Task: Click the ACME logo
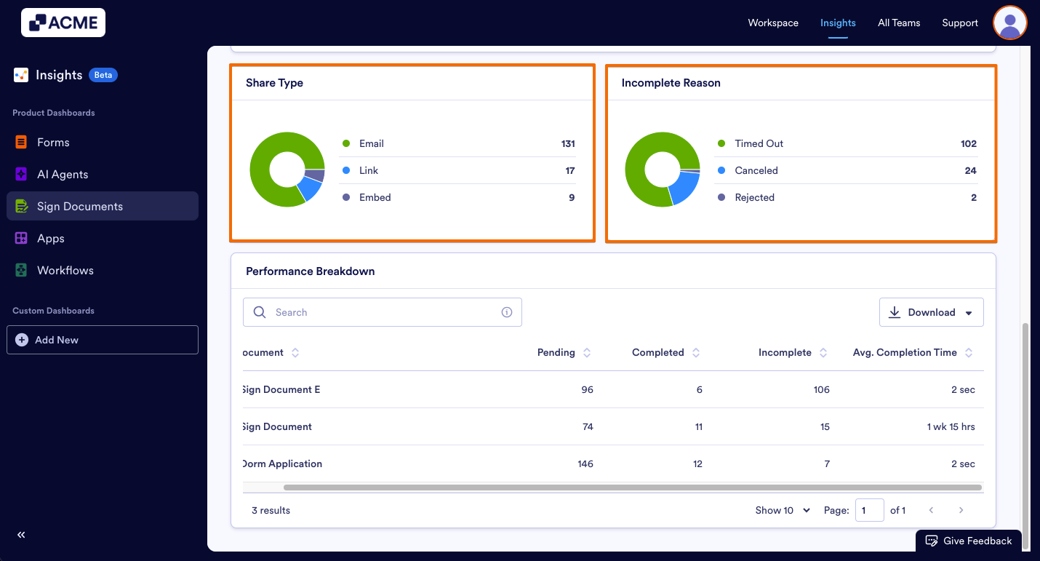pyautogui.click(x=63, y=23)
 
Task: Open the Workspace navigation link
pyautogui.click(x=773, y=23)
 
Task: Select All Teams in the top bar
pyautogui.click(x=899, y=23)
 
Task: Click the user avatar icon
pyautogui.click(x=1009, y=23)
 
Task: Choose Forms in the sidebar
pyautogui.click(x=53, y=143)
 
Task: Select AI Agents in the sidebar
pyautogui.click(x=63, y=175)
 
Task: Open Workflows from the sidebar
pyautogui.click(x=65, y=271)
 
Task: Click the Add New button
pyautogui.click(x=102, y=340)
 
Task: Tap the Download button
pyautogui.click(x=931, y=312)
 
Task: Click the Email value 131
pyautogui.click(x=568, y=143)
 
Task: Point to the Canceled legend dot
pyautogui.click(x=721, y=170)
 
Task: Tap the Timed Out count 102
pyautogui.click(x=968, y=143)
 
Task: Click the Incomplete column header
pyautogui.click(x=785, y=353)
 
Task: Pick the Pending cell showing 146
pyautogui.click(x=585, y=464)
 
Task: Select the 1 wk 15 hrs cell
pyautogui.click(x=951, y=427)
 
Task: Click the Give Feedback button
pyautogui.click(x=969, y=541)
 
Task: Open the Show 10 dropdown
pyautogui.click(x=783, y=510)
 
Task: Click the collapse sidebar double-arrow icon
pyautogui.click(x=21, y=535)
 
